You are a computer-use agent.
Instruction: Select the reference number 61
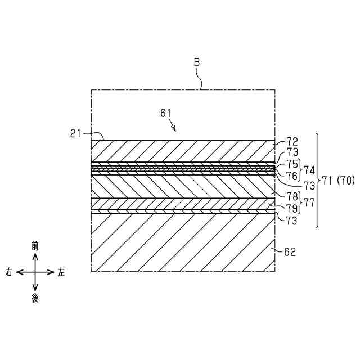click(166, 113)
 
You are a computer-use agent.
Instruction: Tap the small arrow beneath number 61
click(173, 127)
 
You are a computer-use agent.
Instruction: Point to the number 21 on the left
click(76, 133)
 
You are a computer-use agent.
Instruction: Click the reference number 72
click(292, 142)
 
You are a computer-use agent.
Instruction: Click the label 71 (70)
click(337, 181)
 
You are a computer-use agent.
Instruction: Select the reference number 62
click(290, 252)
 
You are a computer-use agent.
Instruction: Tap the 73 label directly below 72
click(292, 152)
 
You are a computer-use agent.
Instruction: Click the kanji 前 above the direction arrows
click(35, 246)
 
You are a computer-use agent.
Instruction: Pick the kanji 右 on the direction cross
click(10, 272)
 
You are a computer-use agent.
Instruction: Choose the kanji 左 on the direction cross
click(61, 272)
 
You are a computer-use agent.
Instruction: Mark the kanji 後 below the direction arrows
click(35, 299)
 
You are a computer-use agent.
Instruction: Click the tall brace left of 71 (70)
click(317, 180)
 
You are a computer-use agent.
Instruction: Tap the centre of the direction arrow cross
click(35, 272)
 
